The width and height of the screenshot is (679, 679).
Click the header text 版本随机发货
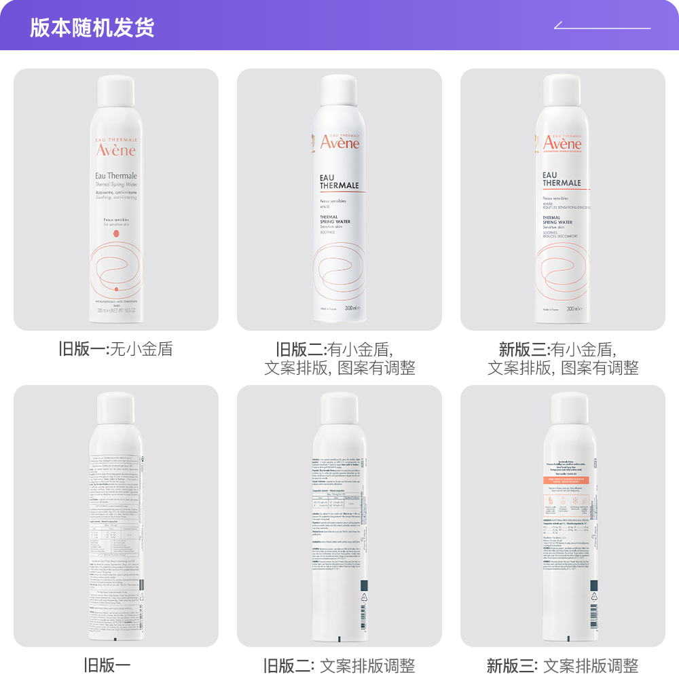point(92,27)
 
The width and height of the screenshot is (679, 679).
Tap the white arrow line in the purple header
point(602,27)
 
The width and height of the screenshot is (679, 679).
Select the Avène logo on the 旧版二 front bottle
point(339,143)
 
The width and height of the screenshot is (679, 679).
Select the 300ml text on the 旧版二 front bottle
point(351,308)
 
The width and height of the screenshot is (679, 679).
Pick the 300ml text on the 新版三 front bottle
point(574,309)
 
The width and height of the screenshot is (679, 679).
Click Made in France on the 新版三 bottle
point(551,309)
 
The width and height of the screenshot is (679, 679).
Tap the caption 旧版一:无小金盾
point(115,350)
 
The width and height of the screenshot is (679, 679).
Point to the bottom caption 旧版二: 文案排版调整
point(339,665)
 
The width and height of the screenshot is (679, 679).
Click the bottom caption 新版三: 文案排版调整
point(563,665)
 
